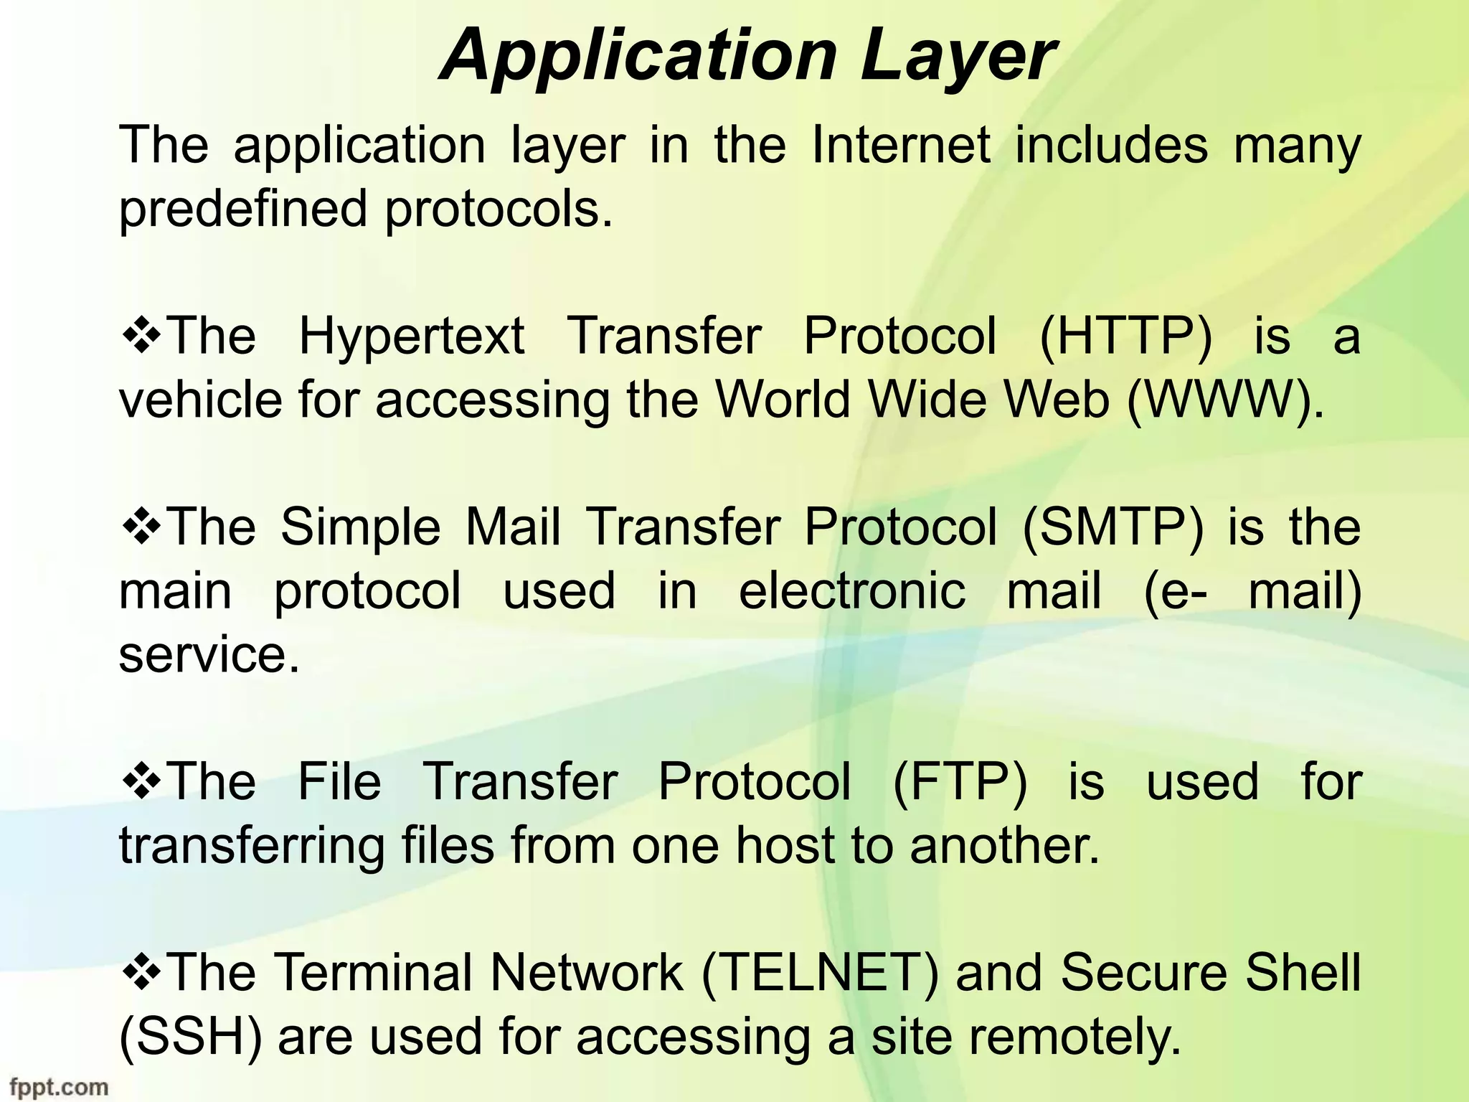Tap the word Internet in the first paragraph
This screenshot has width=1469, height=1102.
901,145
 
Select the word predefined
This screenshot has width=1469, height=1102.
243,209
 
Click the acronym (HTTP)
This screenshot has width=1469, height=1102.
1125,336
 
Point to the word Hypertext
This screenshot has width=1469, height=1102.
411,337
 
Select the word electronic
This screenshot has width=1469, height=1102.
852,590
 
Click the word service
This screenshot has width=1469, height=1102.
209,654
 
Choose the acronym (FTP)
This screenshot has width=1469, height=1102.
960,781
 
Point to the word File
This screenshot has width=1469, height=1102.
339,781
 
